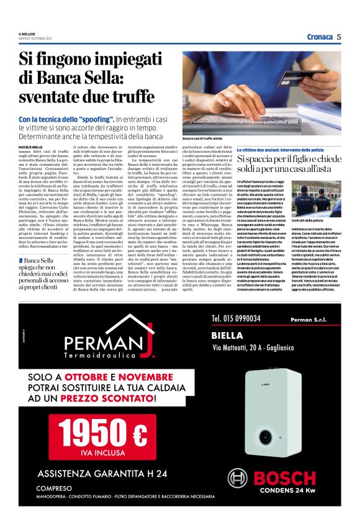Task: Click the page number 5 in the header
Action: pos(339,37)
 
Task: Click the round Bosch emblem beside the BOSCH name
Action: pos(238,478)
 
